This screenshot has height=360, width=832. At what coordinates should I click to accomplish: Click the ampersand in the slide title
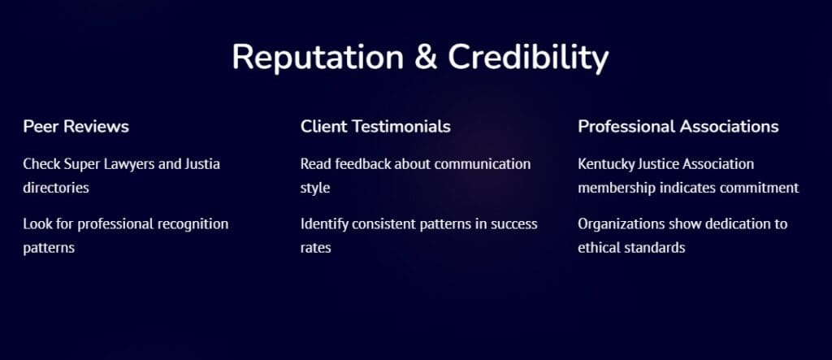click(x=426, y=57)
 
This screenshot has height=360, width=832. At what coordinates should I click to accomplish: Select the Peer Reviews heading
click(x=76, y=127)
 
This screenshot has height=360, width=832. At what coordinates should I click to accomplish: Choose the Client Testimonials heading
click(x=375, y=127)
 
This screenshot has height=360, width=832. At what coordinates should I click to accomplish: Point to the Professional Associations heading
click(x=678, y=127)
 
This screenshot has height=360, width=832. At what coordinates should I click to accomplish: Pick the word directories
click(x=56, y=188)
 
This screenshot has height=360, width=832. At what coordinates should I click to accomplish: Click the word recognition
click(x=193, y=223)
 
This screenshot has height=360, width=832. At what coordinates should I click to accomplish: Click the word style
click(x=315, y=188)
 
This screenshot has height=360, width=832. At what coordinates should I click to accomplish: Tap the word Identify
click(x=325, y=224)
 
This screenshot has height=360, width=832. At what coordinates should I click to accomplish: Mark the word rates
click(x=316, y=248)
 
